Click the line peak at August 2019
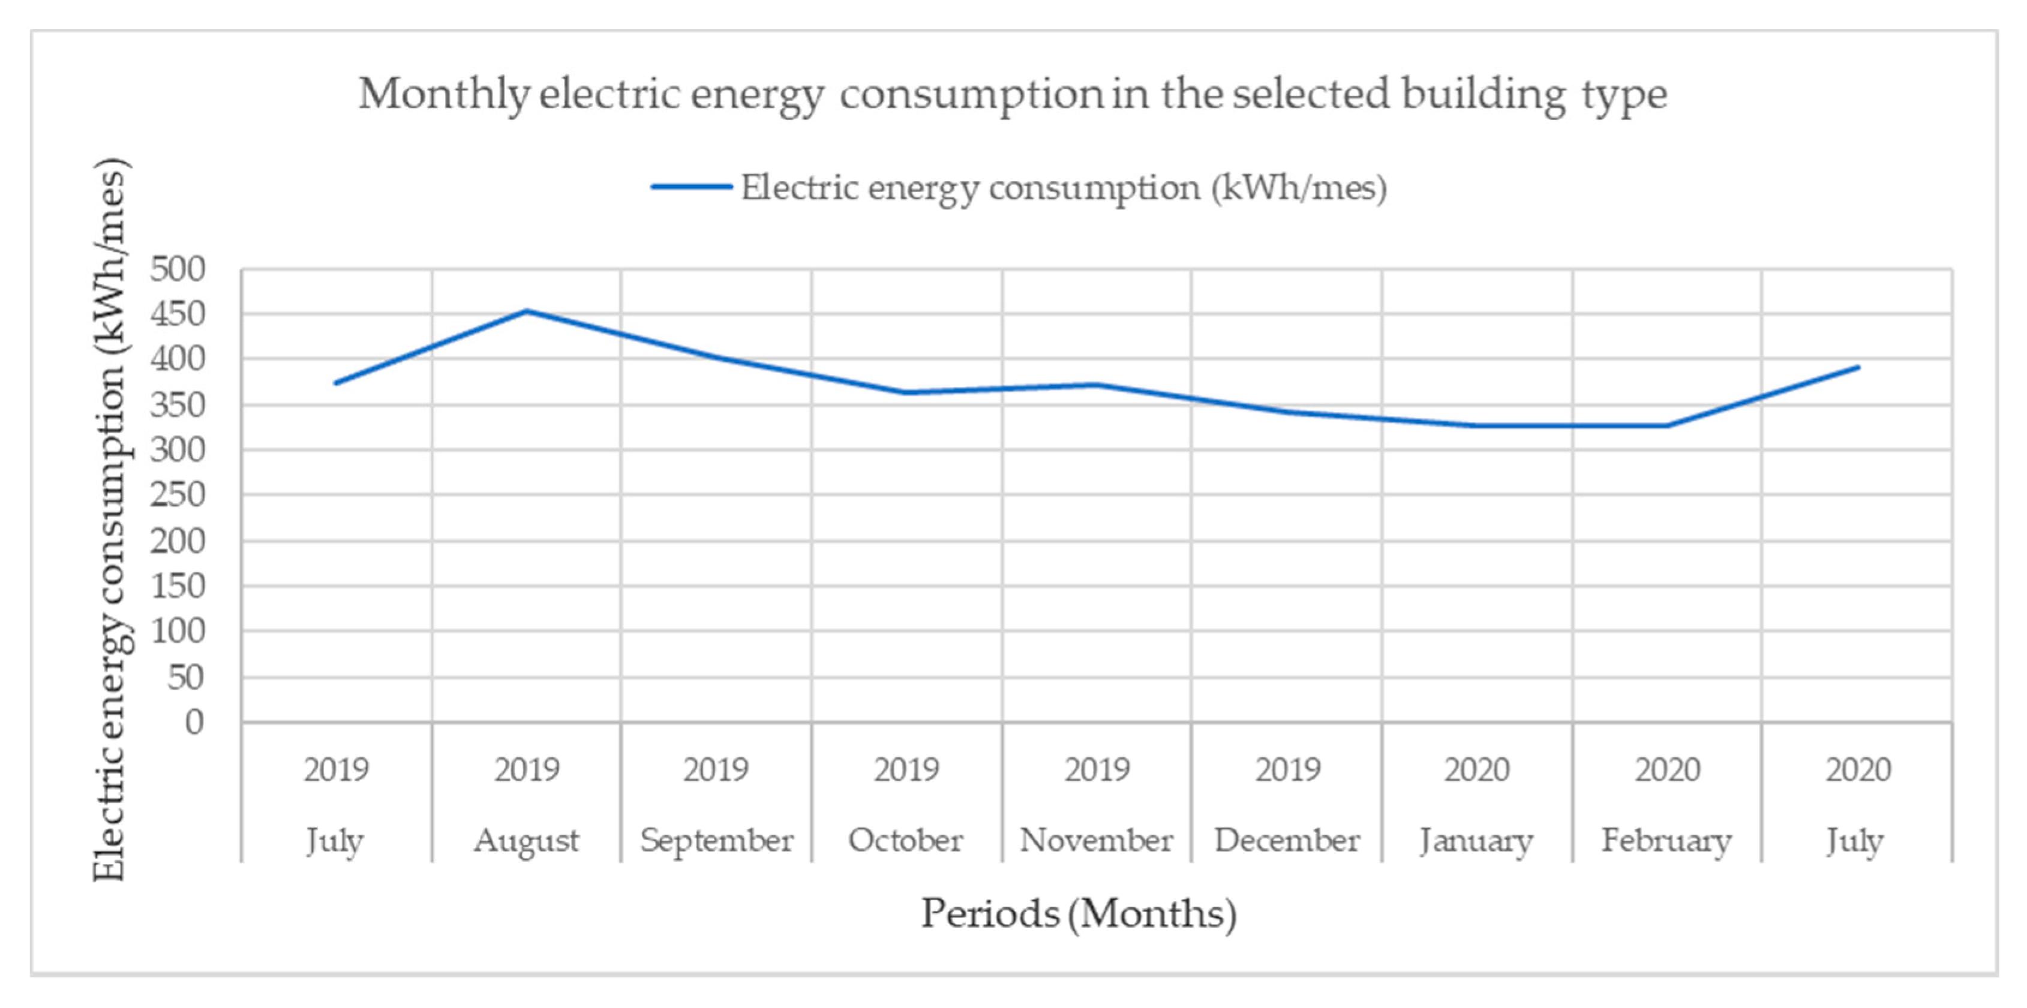[527, 311]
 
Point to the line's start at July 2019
[336, 383]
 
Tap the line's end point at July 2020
[1858, 367]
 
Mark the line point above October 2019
[906, 392]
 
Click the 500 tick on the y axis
[177, 269]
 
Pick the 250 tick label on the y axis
[177, 495]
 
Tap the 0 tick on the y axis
[194, 722]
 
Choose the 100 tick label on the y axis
[177, 631]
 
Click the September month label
[716, 841]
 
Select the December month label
[1287, 841]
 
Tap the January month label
[1476, 841]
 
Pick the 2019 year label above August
[527, 770]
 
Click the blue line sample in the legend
[691, 187]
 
